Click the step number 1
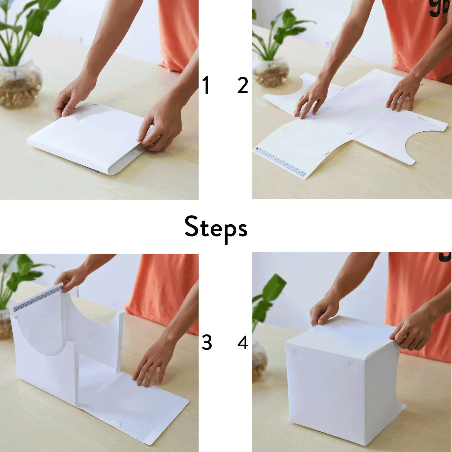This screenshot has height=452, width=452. [x=206, y=85]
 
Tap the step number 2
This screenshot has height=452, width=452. [x=243, y=85]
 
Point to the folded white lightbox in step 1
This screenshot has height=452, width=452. [x=88, y=138]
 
